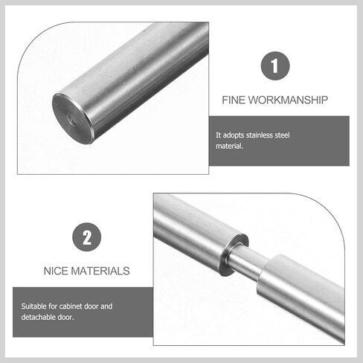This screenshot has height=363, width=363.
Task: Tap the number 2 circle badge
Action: [x=87, y=237]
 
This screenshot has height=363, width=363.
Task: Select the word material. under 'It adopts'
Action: [x=229, y=146]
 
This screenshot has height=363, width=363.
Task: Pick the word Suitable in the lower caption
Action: [x=35, y=306]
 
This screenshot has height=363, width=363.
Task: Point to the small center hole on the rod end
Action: [x=69, y=116]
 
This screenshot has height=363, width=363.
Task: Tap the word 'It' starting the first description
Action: [x=219, y=135]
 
